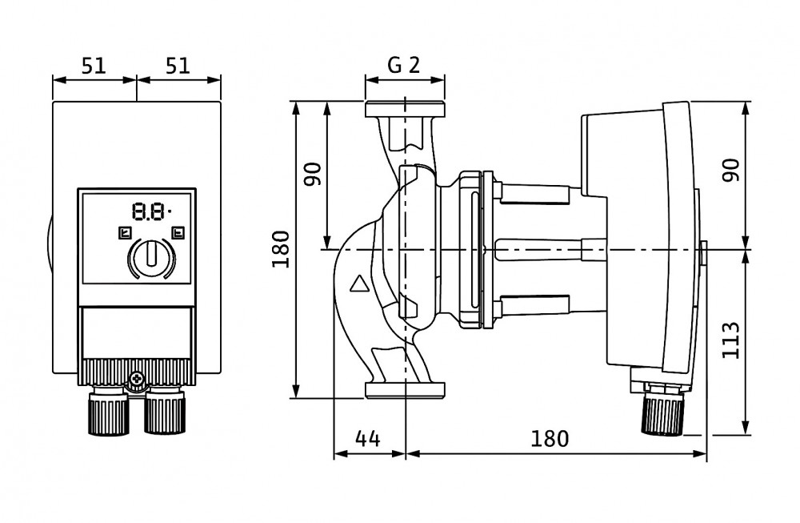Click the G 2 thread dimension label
coord(404,65)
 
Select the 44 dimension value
coord(367,439)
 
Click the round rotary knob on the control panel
coord(148,257)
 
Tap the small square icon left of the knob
coord(124,234)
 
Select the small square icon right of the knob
coord(177,234)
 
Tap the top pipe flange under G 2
coord(405,110)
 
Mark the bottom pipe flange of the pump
coord(405,391)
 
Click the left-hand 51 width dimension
coord(94,66)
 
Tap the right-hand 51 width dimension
coord(178,66)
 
